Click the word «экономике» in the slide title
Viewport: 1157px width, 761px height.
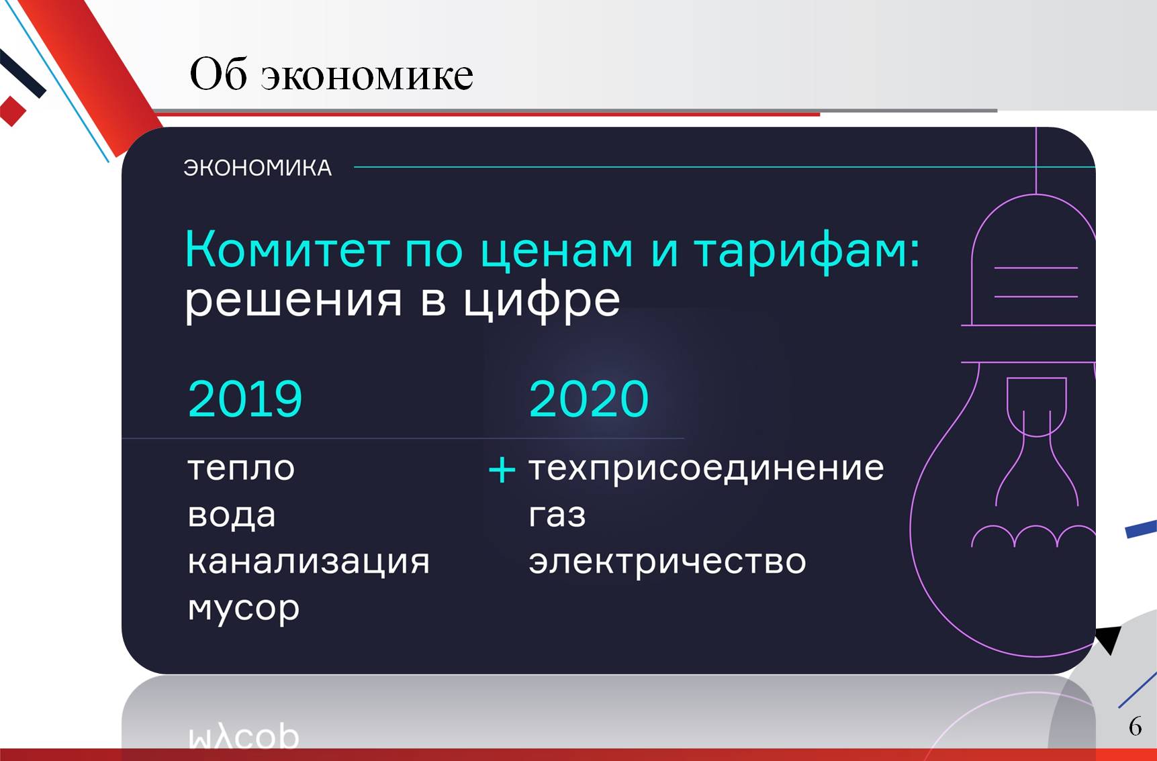pos(367,75)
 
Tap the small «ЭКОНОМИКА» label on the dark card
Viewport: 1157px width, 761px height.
pos(258,168)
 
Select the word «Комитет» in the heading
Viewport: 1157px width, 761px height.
pos(287,249)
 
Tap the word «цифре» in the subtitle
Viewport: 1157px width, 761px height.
pos(542,301)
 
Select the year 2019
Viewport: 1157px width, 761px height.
pos(245,399)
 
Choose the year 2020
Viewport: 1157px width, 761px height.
pos(589,399)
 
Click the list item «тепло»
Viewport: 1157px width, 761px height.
pos(241,468)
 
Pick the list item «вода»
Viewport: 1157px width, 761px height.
pos(232,515)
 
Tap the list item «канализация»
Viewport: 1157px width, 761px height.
pos(308,562)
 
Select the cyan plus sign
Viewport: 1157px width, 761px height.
pos(502,470)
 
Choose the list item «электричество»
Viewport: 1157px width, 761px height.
pos(667,562)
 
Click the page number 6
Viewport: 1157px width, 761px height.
pos(1136,726)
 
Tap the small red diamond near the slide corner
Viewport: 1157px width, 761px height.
pos(12,111)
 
